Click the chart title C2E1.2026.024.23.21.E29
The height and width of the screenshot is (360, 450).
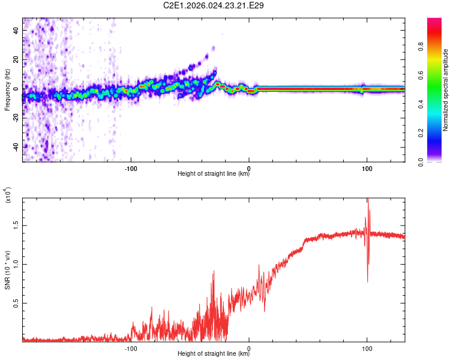(x=214, y=5)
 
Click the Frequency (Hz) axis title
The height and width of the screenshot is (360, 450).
(x=7, y=90)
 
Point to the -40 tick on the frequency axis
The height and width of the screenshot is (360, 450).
(x=16, y=147)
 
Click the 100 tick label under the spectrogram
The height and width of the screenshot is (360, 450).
(x=367, y=167)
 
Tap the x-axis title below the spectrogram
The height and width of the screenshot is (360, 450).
(x=214, y=175)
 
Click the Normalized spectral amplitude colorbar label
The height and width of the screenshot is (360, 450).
(x=446, y=90)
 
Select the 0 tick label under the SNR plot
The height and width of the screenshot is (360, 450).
(x=250, y=347)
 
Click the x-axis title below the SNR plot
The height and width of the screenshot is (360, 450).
(x=214, y=355)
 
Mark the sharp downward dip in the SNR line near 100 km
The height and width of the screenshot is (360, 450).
(x=367, y=281)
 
